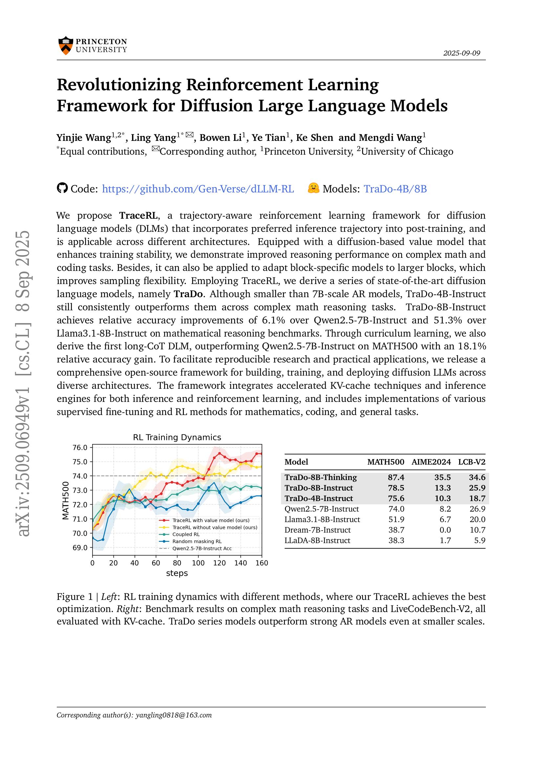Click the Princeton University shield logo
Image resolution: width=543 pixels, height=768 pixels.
click(65, 45)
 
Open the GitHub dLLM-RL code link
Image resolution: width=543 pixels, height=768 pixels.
click(198, 189)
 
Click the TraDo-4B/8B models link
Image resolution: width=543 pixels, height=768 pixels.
click(395, 189)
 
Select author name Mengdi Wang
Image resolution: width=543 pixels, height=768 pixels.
click(390, 138)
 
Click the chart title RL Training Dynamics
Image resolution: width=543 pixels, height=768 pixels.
click(177, 437)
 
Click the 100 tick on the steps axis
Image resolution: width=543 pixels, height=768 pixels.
click(198, 563)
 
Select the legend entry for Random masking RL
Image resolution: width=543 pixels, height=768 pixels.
click(197, 541)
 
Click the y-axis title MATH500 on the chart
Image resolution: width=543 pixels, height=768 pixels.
click(66, 500)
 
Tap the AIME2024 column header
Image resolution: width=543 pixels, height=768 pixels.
click(431, 462)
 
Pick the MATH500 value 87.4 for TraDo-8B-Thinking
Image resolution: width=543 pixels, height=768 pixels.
click(396, 477)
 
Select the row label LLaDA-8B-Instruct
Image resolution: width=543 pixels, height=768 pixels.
click(317, 540)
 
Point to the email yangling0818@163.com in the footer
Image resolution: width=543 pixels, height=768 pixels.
click(174, 715)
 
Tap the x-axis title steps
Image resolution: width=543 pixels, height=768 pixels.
click(177, 573)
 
